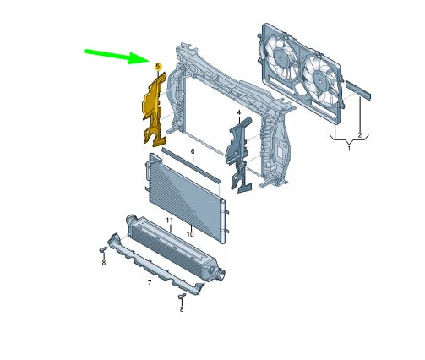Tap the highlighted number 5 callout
(158, 67)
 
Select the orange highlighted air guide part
(154, 109)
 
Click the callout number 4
(239, 112)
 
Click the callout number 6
(193, 151)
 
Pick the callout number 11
(169, 220)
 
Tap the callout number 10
(190, 234)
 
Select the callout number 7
(150, 282)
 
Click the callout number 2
(360, 135)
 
